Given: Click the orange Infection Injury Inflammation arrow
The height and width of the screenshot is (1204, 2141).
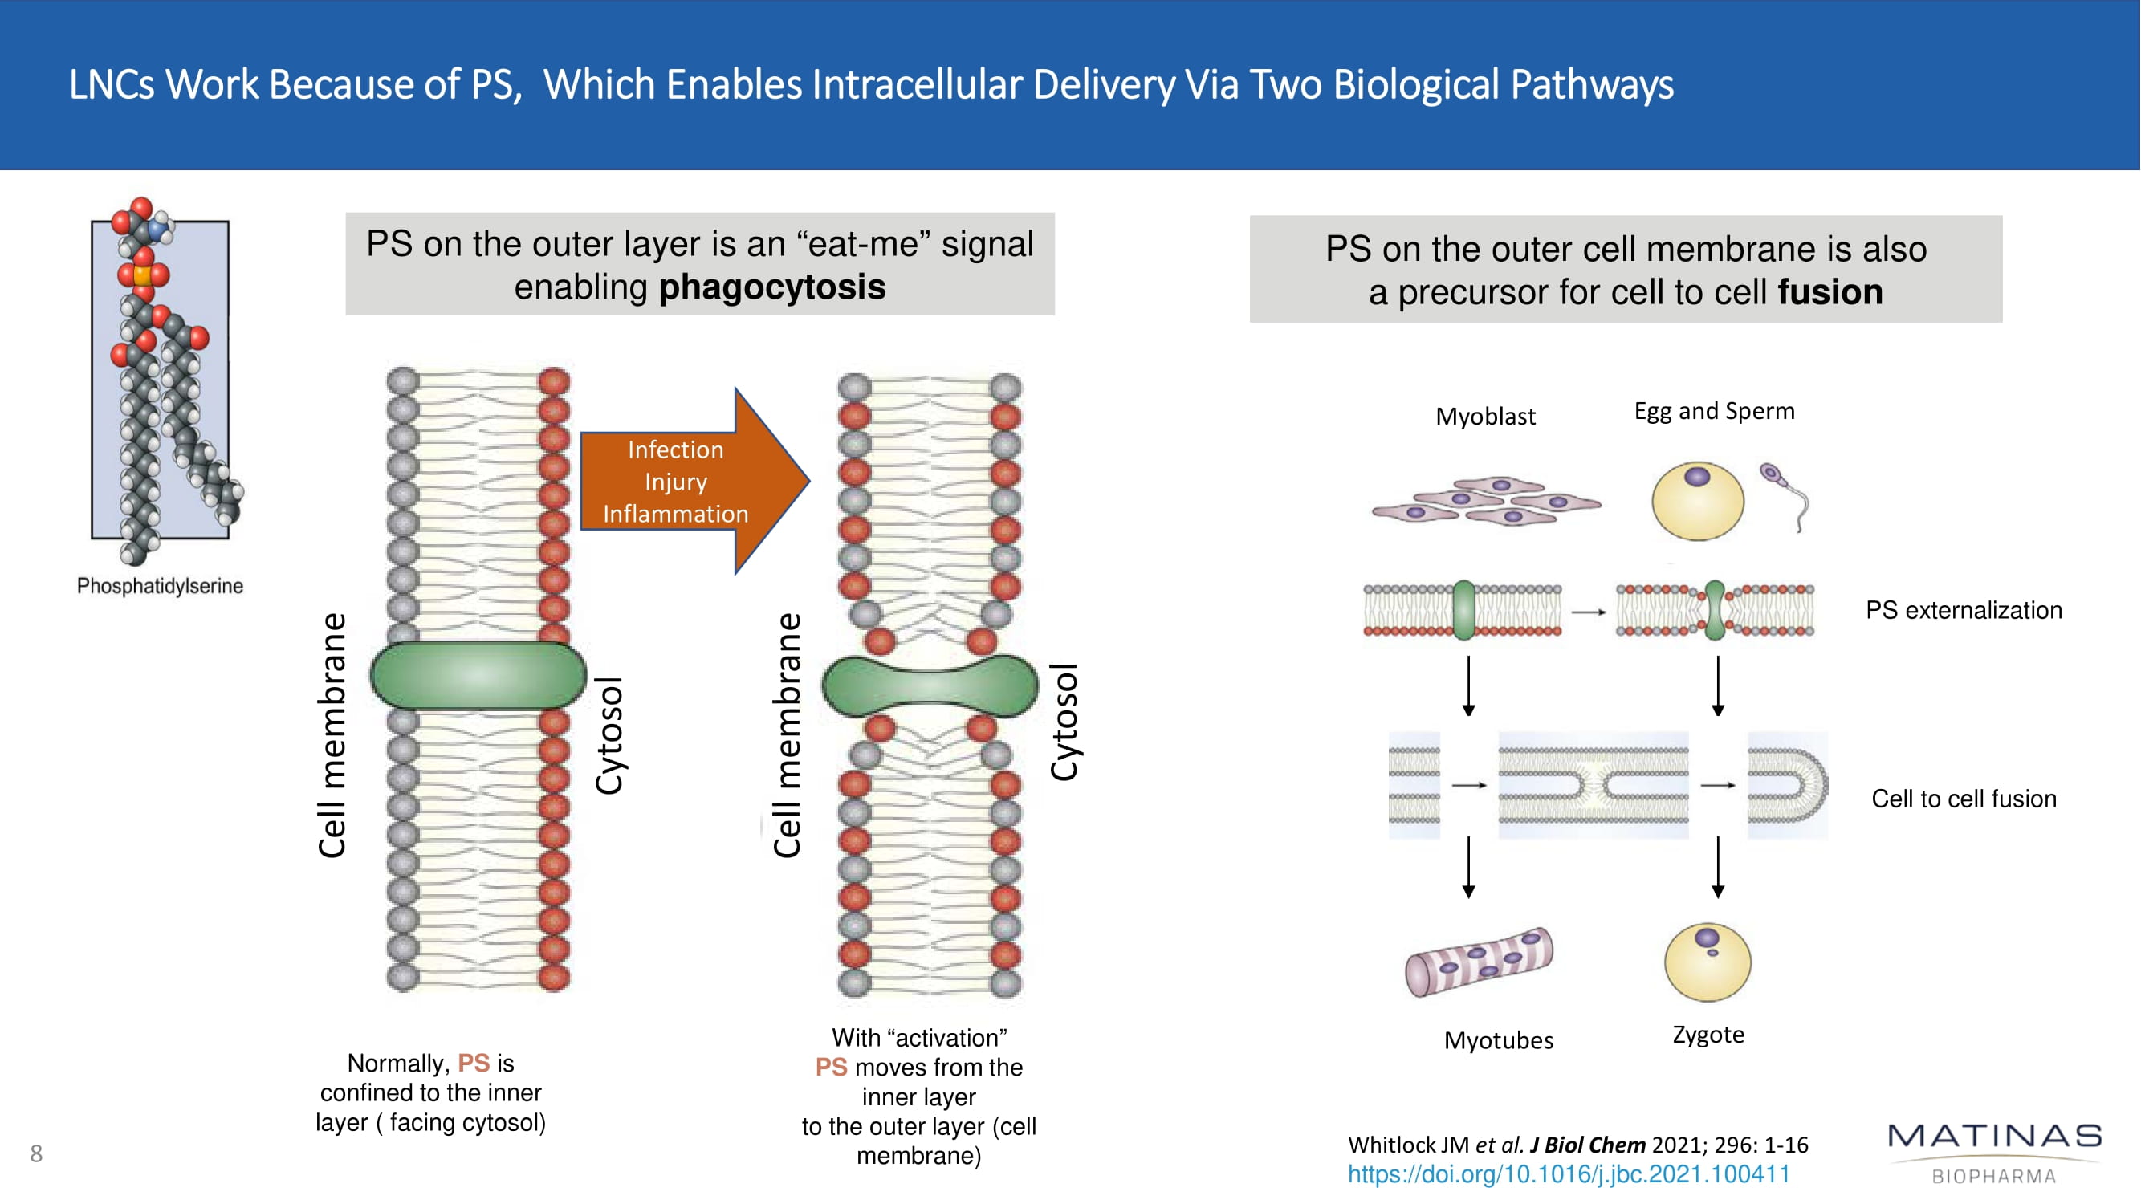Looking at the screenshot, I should [x=682, y=482].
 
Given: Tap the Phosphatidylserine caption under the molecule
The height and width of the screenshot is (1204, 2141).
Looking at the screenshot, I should [x=160, y=586].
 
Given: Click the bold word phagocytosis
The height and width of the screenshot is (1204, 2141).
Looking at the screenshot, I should [x=772, y=287].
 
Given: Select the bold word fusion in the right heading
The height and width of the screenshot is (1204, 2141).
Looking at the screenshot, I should [x=1830, y=292].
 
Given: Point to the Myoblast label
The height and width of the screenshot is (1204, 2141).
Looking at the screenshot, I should [x=1485, y=417].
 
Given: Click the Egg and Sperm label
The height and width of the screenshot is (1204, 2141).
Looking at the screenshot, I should [x=1714, y=411].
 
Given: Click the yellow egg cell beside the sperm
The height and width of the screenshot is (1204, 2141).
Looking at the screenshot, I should [x=1697, y=501].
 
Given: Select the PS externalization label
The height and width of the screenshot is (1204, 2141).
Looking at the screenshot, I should [x=1963, y=611].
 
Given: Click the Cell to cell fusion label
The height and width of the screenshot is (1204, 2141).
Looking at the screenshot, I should [x=1963, y=799].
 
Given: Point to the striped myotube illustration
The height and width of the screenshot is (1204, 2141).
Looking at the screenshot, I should [x=1479, y=962].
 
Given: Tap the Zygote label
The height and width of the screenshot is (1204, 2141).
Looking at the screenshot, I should [x=1708, y=1035].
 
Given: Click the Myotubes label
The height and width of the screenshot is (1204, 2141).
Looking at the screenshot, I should [x=1499, y=1040].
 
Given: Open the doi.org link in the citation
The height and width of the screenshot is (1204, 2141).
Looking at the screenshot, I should [x=1569, y=1174].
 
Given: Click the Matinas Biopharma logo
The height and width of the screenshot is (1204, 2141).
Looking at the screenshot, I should [x=1994, y=1151].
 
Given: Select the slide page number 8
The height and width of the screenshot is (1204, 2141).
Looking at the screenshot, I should [x=36, y=1153].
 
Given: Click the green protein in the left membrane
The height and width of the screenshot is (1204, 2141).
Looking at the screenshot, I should [x=478, y=676].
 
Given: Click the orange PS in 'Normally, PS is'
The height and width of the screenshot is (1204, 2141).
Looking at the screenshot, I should [x=474, y=1063].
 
